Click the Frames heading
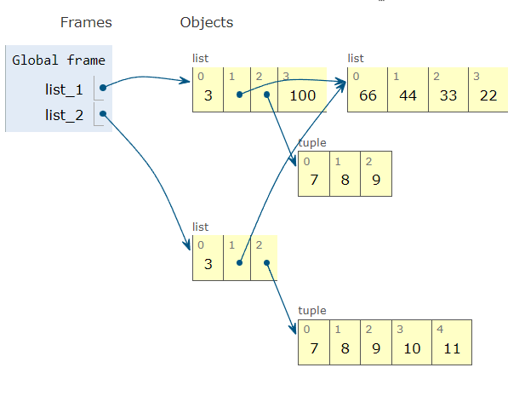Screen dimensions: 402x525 (86, 22)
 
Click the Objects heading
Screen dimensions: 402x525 (206, 22)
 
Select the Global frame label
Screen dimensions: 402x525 (59, 60)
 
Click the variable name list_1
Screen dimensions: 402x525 (65, 88)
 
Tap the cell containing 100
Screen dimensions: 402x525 (302, 95)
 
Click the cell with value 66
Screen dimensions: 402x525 (368, 95)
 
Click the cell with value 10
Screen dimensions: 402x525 (411, 348)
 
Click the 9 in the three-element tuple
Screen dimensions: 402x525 (375, 180)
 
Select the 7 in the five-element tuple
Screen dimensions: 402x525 (313, 348)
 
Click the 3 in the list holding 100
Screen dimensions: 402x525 (208, 95)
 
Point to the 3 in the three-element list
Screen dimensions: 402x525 (208, 263)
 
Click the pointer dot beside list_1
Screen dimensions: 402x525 (102, 88)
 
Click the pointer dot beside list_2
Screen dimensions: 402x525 (102, 114)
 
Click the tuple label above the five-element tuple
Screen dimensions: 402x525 (311, 311)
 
